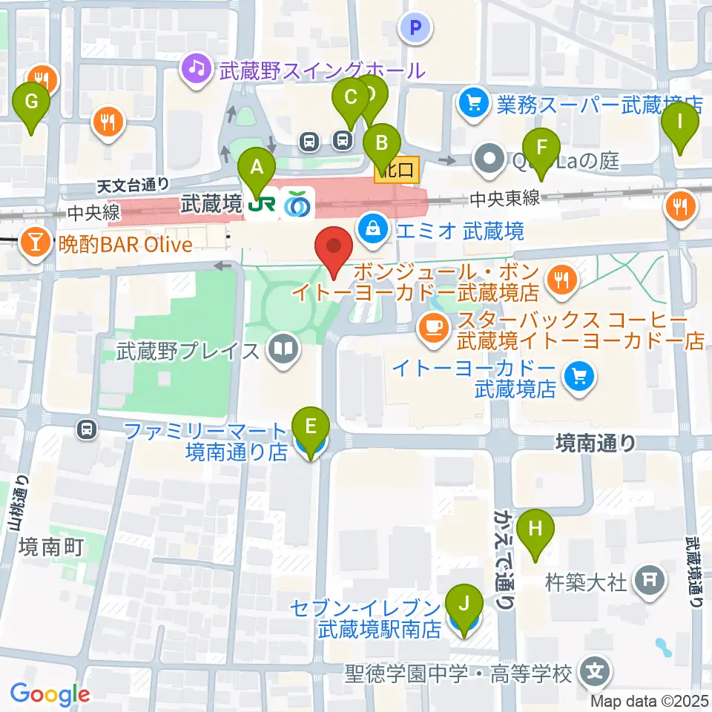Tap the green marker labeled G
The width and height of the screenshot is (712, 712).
click(31, 102)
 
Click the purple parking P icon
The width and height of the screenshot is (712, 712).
click(416, 29)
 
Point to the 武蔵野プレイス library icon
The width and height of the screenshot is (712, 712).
click(282, 349)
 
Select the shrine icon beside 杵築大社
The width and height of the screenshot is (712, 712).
click(650, 577)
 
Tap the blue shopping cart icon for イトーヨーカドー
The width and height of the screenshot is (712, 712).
click(577, 377)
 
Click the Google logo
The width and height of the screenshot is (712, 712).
click(50, 693)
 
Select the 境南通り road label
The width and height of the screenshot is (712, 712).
click(596, 443)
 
